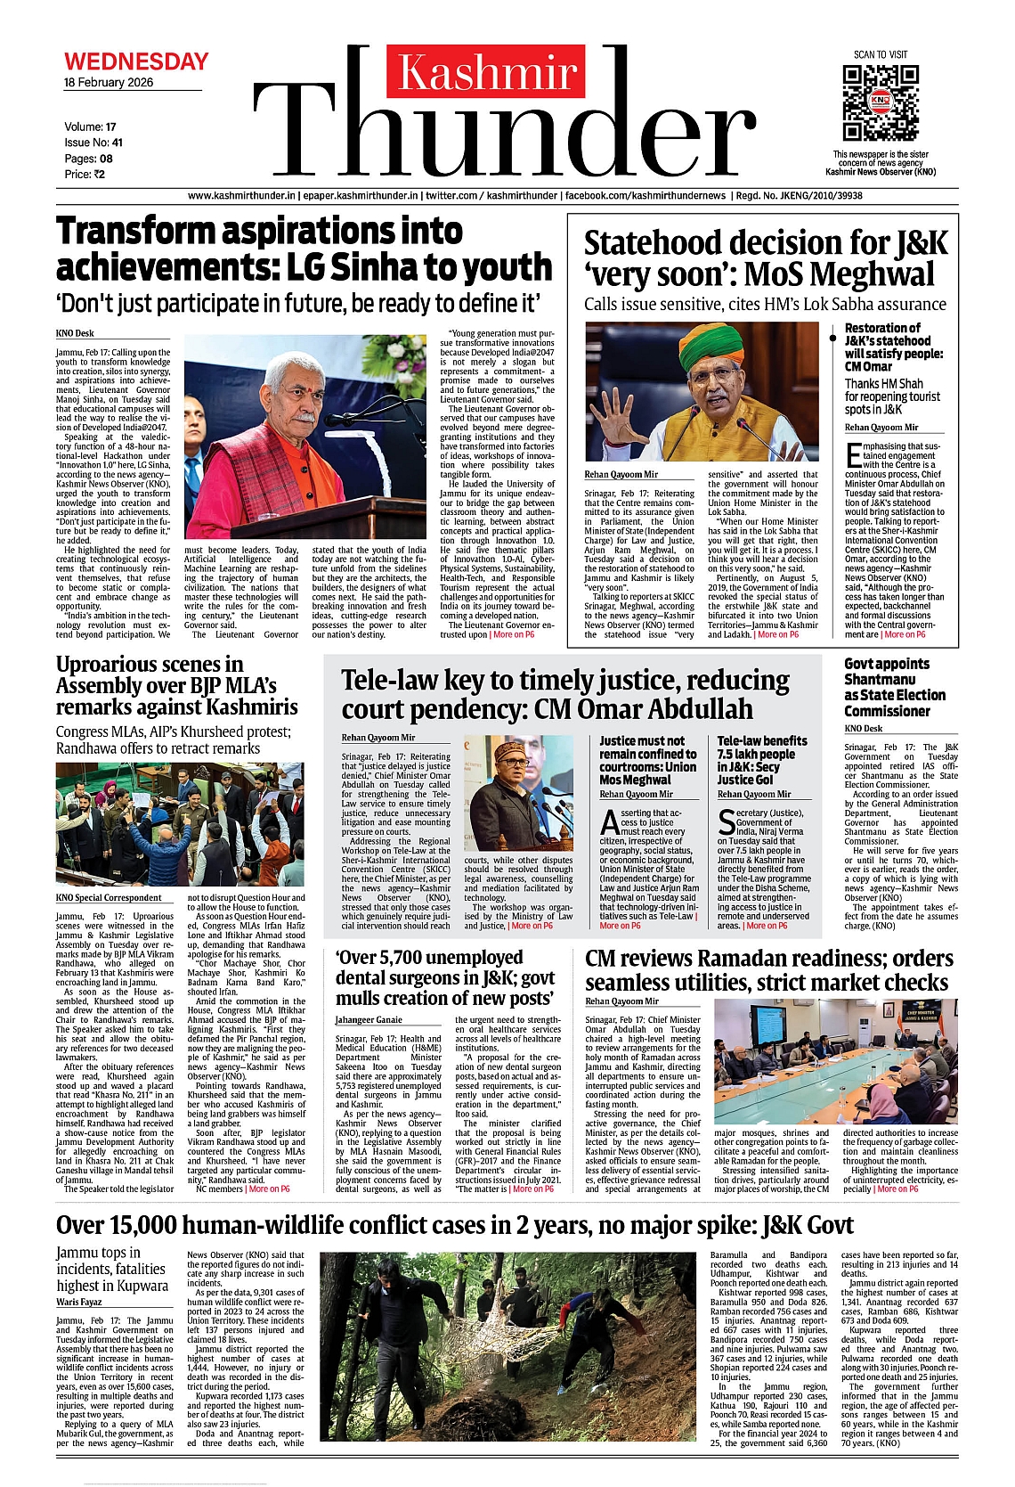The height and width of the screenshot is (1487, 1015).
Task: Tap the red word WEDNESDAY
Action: pyautogui.click(x=136, y=61)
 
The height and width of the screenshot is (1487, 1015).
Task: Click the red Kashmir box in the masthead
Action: pyautogui.click(x=486, y=71)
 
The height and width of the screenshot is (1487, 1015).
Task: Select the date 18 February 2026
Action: pyautogui.click(x=109, y=83)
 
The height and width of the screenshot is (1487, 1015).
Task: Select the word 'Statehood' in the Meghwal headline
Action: pyautogui.click(x=653, y=242)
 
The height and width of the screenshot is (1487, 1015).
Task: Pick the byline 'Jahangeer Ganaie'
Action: pyautogui.click(x=369, y=1020)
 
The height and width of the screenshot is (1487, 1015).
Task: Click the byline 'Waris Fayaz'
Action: pyautogui.click(x=79, y=1302)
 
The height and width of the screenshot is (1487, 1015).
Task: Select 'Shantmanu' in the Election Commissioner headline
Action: pyautogui.click(x=880, y=680)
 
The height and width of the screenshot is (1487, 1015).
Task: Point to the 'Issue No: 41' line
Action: pyautogui.click(x=93, y=143)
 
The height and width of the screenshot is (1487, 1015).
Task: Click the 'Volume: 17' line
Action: pyautogui.click(x=90, y=127)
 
